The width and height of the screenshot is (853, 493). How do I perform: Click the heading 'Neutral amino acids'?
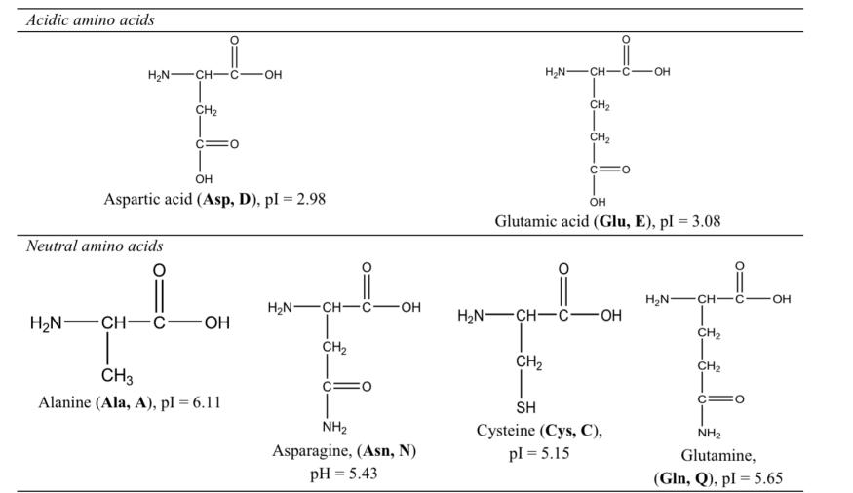click(95, 246)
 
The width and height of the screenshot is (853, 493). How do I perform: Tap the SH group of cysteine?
click(525, 407)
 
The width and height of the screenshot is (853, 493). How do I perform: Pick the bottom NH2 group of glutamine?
click(709, 433)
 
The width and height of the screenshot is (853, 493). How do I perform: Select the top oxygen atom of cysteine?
click(563, 269)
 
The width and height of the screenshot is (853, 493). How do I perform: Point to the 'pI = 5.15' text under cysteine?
click(538, 453)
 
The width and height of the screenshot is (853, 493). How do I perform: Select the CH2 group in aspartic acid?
click(206, 110)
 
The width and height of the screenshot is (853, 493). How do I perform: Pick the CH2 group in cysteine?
click(528, 363)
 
